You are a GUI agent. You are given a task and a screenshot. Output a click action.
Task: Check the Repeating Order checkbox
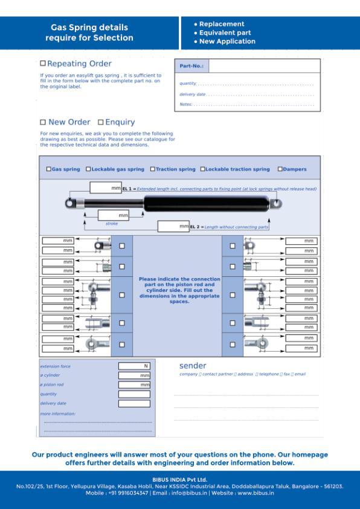pos(43,63)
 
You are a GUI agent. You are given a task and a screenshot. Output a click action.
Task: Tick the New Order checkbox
pos(43,122)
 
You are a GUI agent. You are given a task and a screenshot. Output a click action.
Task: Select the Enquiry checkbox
pos(101,122)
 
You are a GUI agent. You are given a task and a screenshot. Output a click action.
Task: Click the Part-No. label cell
pos(191,66)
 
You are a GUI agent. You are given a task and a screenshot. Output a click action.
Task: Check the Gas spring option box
pos(49,169)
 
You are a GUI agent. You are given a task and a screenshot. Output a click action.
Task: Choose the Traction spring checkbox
pos(153,169)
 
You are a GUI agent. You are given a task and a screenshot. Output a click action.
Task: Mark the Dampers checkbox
pos(280,169)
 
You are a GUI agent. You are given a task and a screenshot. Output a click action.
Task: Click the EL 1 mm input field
pos(106,188)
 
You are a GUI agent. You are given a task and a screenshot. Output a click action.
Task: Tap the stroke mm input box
pos(114,215)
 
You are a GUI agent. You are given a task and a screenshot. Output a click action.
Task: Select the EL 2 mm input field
pos(173,227)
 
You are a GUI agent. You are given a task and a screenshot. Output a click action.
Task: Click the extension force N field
pos(134,366)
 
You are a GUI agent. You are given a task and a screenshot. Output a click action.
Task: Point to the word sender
pos(193,366)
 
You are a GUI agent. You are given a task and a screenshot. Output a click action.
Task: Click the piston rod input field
pos(134,385)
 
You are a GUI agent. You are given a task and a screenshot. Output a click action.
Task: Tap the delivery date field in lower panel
pos(134,403)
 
